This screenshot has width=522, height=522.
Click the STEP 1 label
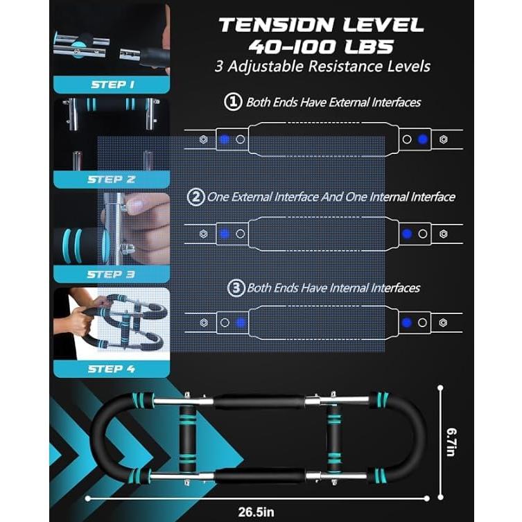tap(112, 85)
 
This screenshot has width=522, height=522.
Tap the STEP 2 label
tap(111, 179)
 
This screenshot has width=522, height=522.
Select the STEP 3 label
tap(111, 274)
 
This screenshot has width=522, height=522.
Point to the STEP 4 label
tap(111, 369)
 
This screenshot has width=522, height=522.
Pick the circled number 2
tap(196, 197)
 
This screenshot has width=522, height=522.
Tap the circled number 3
tap(236, 288)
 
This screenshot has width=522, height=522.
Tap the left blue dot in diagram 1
tap(224, 139)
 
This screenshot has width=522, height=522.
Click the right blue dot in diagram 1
tap(423, 139)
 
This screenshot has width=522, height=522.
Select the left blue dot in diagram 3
tap(241, 322)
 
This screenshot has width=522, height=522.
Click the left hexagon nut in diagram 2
tap(203, 234)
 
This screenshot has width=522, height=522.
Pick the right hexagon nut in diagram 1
tap(443, 139)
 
